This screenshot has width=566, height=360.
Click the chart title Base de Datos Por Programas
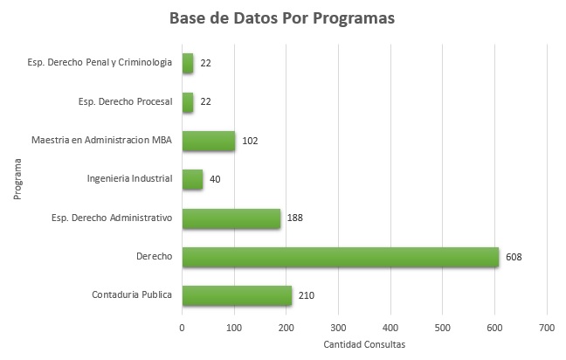tap(283, 18)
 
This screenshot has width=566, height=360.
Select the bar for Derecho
tap(340, 257)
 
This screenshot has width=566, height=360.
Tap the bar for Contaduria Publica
tap(237, 296)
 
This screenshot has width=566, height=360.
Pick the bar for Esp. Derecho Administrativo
tap(231, 218)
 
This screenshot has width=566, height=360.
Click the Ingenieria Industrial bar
tap(192, 179)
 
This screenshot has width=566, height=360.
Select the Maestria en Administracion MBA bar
tap(209, 141)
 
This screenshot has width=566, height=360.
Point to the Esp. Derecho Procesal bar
tap(188, 102)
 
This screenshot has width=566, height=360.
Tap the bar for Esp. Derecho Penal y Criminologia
tap(188, 63)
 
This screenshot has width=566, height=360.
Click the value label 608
tap(514, 257)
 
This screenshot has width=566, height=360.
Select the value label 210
tap(306, 296)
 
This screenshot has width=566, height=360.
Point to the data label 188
tap(294, 218)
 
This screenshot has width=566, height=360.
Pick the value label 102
tap(251, 141)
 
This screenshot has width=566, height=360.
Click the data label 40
tap(216, 179)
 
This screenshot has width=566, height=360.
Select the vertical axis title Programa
tap(17, 179)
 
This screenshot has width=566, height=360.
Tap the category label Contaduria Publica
tap(133, 296)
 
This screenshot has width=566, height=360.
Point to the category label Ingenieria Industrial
tap(131, 179)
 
